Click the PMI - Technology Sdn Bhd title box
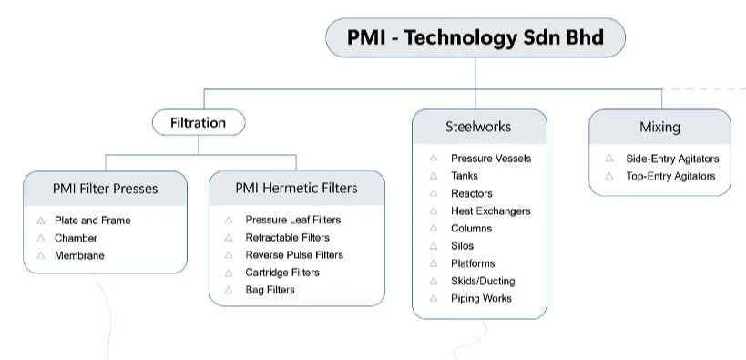(475, 38)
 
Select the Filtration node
(198, 122)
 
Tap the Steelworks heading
(478, 127)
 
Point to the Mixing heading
(659, 127)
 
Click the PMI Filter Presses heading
(105, 189)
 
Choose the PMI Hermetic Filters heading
(296, 188)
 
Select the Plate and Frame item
(92, 221)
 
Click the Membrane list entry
(79, 256)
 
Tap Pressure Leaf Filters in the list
(292, 220)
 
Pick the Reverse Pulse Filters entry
(293, 255)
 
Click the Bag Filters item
(270, 290)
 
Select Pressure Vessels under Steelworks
(490, 159)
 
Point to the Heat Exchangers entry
(490, 211)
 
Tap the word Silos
(462, 246)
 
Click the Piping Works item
(481, 299)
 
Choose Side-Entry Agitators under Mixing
(671, 159)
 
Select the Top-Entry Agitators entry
(670, 176)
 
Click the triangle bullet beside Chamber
(41, 239)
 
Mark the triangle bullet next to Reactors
(434, 194)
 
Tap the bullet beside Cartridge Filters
(229, 273)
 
